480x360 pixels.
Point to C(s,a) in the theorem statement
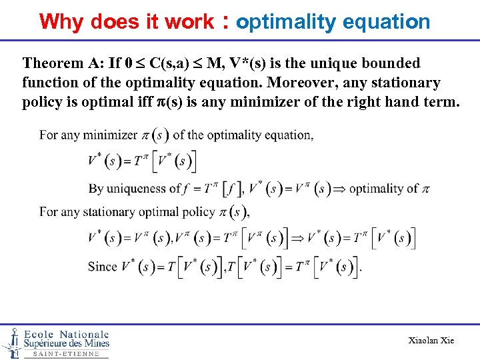click(x=171, y=63)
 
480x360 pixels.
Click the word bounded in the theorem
click(x=391, y=63)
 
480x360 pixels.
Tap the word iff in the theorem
click(x=149, y=101)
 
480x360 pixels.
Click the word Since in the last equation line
click(x=102, y=267)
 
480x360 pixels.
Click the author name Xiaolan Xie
click(x=431, y=341)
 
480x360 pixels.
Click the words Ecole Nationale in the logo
click(x=66, y=334)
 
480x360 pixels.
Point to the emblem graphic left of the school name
click(x=11, y=342)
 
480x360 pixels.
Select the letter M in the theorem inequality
click(x=215, y=63)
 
